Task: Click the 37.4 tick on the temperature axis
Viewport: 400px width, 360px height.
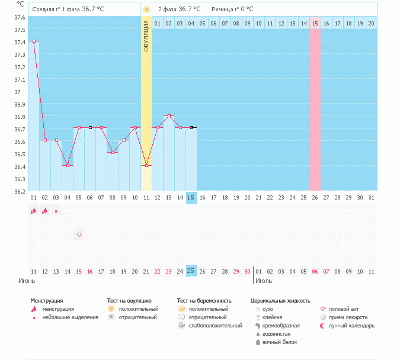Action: pos(20,42)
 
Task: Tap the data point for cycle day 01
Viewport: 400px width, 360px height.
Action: pos(34,41)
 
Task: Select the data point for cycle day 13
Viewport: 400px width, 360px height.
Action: pos(169,115)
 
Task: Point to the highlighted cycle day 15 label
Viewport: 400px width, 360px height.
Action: pos(191,197)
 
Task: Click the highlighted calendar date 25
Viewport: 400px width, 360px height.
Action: pos(191,271)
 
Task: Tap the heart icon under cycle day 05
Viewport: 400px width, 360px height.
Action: pos(79,234)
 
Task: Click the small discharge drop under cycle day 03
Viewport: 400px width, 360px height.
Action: pos(56,210)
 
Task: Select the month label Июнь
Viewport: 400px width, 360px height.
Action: pos(27,281)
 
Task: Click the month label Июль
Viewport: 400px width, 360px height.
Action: pos(264,281)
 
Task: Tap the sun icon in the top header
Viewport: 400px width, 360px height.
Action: pos(146,9)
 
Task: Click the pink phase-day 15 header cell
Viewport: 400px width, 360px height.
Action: pos(315,23)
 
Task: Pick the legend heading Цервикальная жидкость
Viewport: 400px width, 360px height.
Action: pos(280,301)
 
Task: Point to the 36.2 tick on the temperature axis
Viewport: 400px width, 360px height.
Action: pos(20,191)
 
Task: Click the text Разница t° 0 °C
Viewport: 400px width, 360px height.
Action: pos(232,9)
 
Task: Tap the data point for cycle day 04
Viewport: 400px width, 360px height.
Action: pos(68,165)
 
